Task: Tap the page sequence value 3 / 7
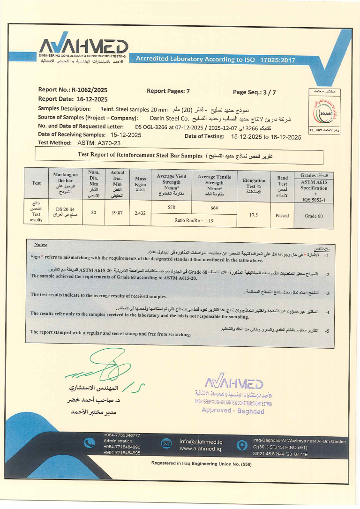[268, 92]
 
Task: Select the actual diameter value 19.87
[117, 213]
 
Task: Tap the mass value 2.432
[140, 213]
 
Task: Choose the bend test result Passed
[282, 216]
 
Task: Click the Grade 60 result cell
[314, 216]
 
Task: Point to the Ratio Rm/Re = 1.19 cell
[193, 219]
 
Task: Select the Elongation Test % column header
[254, 183]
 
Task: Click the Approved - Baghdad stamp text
[232, 411]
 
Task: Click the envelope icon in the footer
[166, 444]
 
